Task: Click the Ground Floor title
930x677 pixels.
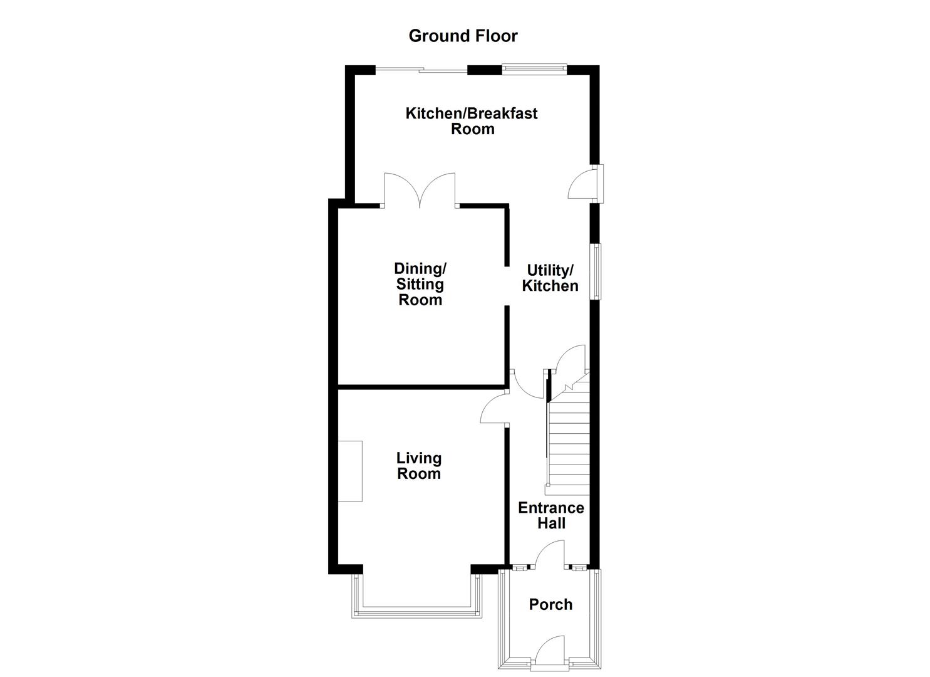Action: (463, 36)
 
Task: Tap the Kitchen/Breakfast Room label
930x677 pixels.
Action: (472, 121)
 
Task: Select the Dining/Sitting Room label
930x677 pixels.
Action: (420, 284)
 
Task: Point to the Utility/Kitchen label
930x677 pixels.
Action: (550, 278)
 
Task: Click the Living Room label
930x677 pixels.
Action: (419, 466)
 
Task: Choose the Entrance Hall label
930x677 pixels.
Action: (550, 515)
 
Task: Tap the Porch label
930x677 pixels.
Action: (550, 604)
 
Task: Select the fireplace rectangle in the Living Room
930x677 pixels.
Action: (350, 471)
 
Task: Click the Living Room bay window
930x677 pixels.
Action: (417, 611)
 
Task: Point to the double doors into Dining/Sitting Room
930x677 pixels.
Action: (420, 191)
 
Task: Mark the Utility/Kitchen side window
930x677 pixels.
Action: (597, 271)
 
